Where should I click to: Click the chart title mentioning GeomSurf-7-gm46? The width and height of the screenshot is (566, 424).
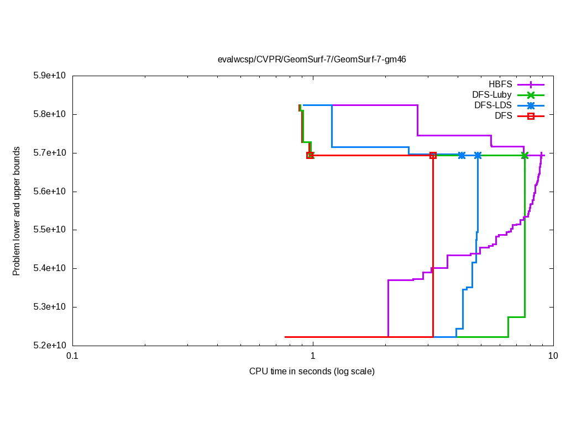coord(312,59)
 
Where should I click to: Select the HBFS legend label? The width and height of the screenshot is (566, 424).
coord(500,84)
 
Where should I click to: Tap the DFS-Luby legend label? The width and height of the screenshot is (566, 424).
coord(491,95)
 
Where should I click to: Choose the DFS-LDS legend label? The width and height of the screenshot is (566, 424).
coord(492,105)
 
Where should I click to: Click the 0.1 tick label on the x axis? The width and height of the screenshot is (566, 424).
coord(72,356)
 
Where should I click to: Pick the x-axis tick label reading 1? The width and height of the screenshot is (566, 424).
coord(313,356)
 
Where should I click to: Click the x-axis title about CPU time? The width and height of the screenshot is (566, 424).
coord(312,372)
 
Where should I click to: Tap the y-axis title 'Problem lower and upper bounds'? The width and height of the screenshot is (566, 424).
coord(17,211)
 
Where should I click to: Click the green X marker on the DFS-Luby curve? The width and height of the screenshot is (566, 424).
coord(525,156)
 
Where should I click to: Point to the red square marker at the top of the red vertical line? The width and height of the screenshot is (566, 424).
coord(433,156)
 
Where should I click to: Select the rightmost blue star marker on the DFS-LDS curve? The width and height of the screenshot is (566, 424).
coord(478,156)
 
